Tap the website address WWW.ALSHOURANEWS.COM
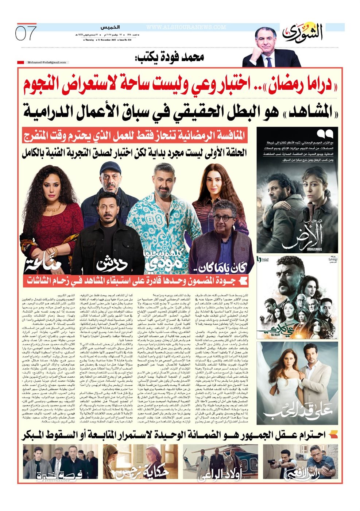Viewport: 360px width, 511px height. tap(186, 27)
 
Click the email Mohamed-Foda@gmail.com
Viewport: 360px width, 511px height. tap(47, 62)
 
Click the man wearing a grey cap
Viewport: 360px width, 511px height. tap(107, 186)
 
